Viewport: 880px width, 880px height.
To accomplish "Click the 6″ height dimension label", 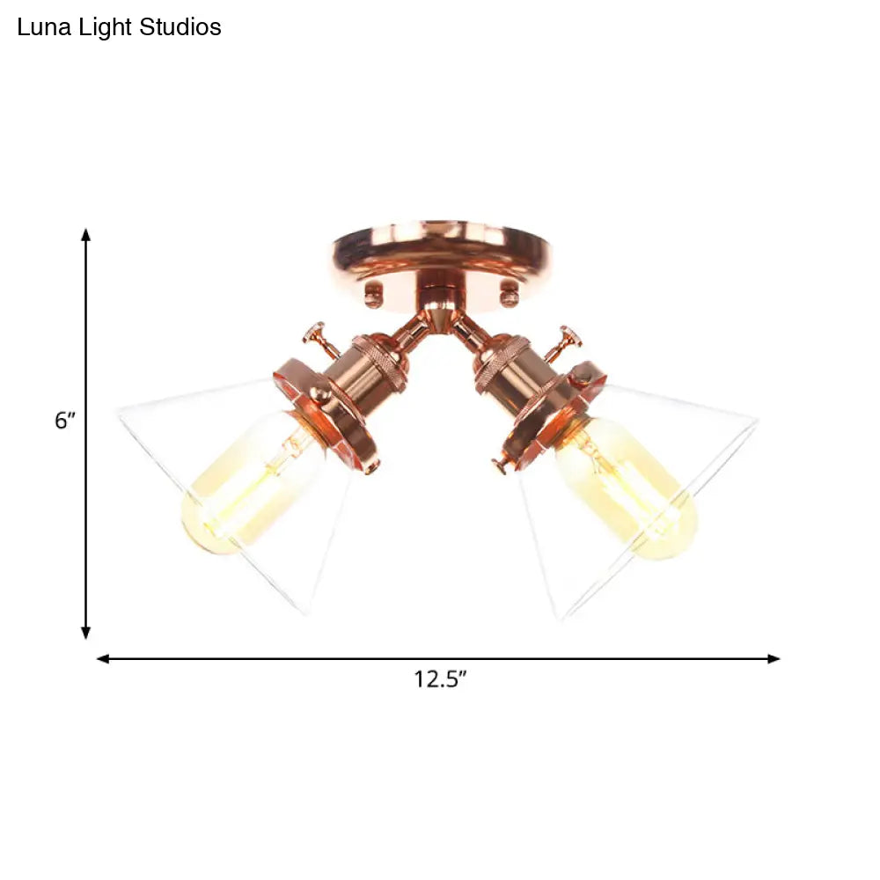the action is point(64,420).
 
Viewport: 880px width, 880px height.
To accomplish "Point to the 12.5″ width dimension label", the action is point(441,679).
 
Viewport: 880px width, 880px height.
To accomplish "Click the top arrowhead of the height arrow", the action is point(86,235).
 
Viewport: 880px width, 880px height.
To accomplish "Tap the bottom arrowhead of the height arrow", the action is point(86,633).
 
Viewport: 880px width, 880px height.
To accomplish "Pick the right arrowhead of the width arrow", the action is point(774,659).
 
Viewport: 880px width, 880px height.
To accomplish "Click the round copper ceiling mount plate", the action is point(443,255).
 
